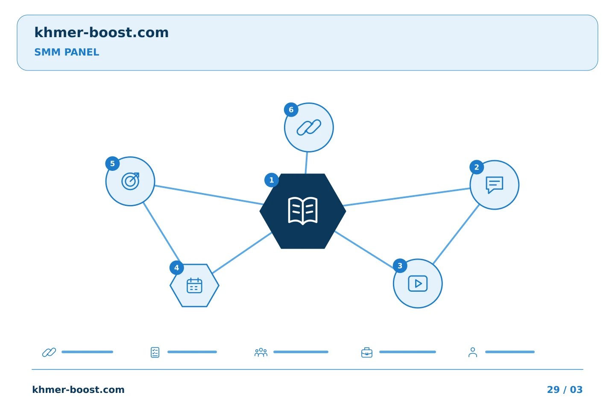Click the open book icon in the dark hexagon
(x=302, y=211)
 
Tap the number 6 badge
(x=291, y=110)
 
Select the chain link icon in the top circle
(x=309, y=127)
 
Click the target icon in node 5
(x=130, y=181)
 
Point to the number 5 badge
(x=112, y=164)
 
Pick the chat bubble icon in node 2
(x=495, y=185)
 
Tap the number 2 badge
(x=477, y=167)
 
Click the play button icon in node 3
(x=418, y=284)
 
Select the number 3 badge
(x=400, y=266)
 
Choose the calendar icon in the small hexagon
(x=194, y=286)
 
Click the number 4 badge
(x=176, y=268)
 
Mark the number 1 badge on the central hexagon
(x=272, y=180)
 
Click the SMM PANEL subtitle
(x=67, y=52)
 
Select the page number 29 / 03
(x=565, y=389)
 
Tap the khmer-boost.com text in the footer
(x=78, y=389)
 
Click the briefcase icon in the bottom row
(x=367, y=352)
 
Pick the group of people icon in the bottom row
(x=261, y=352)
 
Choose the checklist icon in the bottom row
(x=155, y=352)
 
